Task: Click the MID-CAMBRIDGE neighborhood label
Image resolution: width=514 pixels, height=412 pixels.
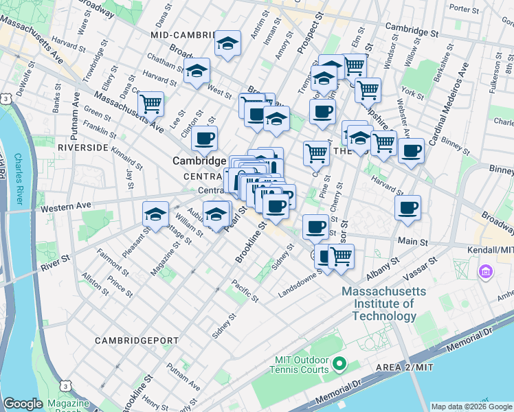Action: pyautogui.click(x=183, y=33)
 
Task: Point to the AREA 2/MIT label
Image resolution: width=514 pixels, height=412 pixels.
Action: pyautogui.click(x=405, y=368)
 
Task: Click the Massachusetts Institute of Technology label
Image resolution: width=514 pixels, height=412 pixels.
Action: pyautogui.click(x=383, y=304)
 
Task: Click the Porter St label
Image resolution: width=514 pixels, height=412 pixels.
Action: pyautogui.click(x=464, y=9)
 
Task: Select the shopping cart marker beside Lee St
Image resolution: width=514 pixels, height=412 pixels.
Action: pyautogui.click(x=150, y=104)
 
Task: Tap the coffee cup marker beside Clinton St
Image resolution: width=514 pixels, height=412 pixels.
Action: pyautogui.click(x=204, y=139)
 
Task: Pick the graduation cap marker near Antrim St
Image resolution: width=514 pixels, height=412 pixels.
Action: pyautogui.click(x=227, y=43)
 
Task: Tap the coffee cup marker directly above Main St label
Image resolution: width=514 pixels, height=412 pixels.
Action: pyautogui.click(x=407, y=207)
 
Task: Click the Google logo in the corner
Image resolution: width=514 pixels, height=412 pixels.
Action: pyautogui.click(x=23, y=404)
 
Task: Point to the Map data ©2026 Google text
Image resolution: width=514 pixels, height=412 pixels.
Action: pyautogui.click(x=471, y=407)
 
